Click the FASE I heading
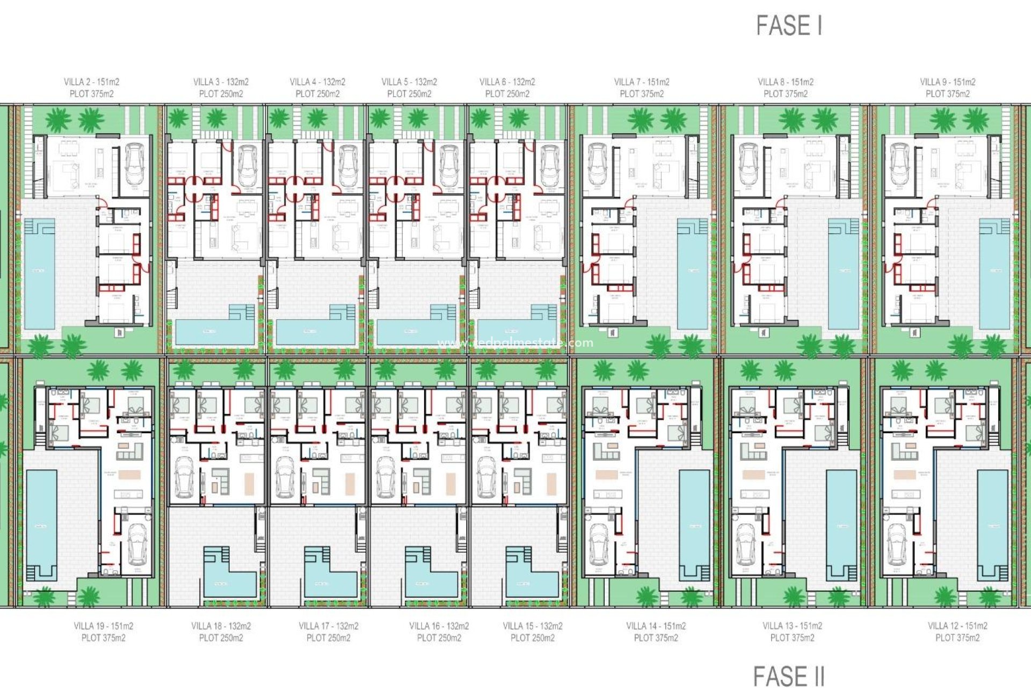[789, 25]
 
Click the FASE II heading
[788, 676]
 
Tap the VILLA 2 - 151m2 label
[91, 82]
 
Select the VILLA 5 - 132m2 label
[409, 82]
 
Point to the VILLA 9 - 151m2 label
[948, 82]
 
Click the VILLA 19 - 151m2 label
[103, 626]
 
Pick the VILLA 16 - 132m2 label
[439, 626]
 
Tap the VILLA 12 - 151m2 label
[957, 626]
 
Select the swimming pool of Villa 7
[692, 274]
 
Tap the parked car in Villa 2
[135, 164]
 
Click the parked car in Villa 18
[184, 477]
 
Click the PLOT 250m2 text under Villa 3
[221, 94]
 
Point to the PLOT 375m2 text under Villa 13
[792, 638]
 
